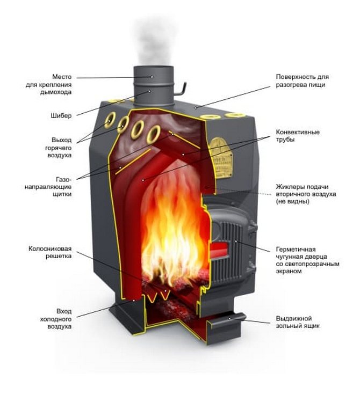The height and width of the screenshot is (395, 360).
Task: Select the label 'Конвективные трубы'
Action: pyautogui.click(x=298, y=136)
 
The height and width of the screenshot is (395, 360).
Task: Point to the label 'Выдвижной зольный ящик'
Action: pyautogui.click(x=298, y=322)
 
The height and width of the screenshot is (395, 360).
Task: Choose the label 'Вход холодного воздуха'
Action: pyautogui.click(x=56, y=319)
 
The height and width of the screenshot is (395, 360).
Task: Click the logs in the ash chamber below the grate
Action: pyautogui.click(x=172, y=311)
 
